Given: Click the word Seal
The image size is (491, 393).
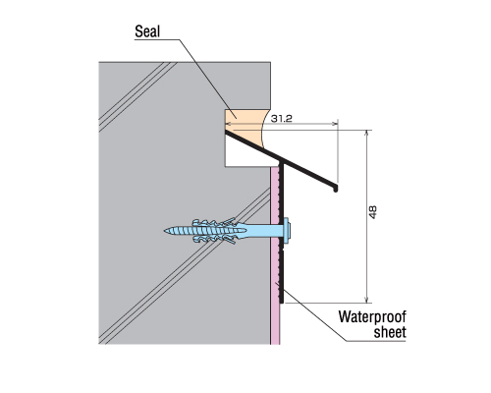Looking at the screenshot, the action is pos(147,31).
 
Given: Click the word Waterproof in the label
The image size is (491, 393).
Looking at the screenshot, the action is pos(372,317).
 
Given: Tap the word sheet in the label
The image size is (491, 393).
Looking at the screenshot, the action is pos(390,332).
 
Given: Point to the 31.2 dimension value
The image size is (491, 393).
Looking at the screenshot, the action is pos(281,119).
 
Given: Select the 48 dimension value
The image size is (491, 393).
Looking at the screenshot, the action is pos(373,212).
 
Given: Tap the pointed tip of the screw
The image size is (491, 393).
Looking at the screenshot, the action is pos(165,231).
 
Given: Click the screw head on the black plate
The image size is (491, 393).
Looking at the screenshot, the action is pos(288,231).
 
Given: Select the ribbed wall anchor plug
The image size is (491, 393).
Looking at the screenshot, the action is pos(218,231).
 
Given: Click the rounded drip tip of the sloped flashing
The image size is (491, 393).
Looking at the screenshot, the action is pos(336,189).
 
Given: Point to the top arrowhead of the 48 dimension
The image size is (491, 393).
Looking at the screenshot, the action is pos(367,132).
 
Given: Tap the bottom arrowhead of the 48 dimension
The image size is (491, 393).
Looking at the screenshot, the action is pos(367,301).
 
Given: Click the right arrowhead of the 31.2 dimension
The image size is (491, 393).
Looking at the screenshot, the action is pos(336,124).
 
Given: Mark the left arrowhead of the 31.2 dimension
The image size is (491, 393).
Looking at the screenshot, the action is pos(228,124).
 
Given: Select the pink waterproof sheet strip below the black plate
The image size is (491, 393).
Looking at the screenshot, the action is pos(275,323).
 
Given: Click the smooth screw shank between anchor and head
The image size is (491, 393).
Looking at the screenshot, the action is pos(264,231).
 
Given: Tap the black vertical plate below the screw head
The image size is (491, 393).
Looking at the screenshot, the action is pos(281,273).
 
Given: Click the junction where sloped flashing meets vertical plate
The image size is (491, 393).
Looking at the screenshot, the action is pos(281,163).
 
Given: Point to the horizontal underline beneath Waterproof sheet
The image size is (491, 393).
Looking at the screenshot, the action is pos(376,341).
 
